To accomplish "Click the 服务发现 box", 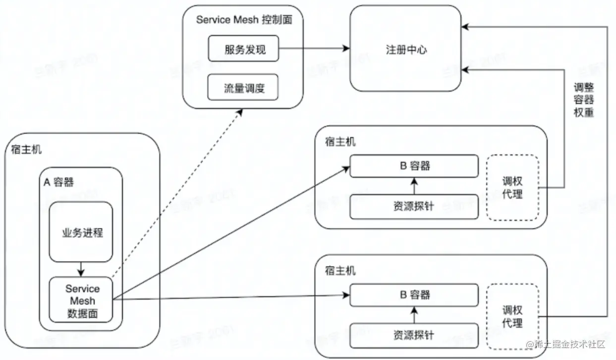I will click(243, 49).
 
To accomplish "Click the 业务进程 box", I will click(81, 232).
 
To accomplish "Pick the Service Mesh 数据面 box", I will click(82, 300).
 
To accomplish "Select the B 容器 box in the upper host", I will click(414, 166).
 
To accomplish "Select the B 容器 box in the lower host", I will click(414, 295).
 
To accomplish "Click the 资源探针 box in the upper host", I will click(414, 206).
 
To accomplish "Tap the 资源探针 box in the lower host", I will click(414, 335).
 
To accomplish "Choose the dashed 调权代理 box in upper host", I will click(512, 188).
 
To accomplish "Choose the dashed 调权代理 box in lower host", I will click(512, 317).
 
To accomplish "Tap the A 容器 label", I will click(58, 183).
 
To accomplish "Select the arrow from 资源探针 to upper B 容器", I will click(414, 186).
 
